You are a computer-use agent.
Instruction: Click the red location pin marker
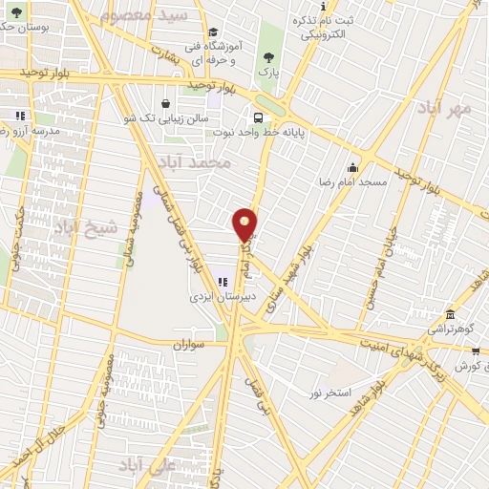pyautogui.click(x=245, y=223)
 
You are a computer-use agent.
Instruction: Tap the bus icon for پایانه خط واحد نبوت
pyautogui.click(x=258, y=118)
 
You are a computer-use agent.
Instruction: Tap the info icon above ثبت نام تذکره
pyautogui.click(x=322, y=7)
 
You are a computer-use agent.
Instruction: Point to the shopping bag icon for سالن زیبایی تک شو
pyautogui.click(x=166, y=103)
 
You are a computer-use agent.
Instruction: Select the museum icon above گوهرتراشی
pyautogui.click(x=450, y=315)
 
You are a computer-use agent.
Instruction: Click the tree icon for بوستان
pyautogui.click(x=16, y=11)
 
